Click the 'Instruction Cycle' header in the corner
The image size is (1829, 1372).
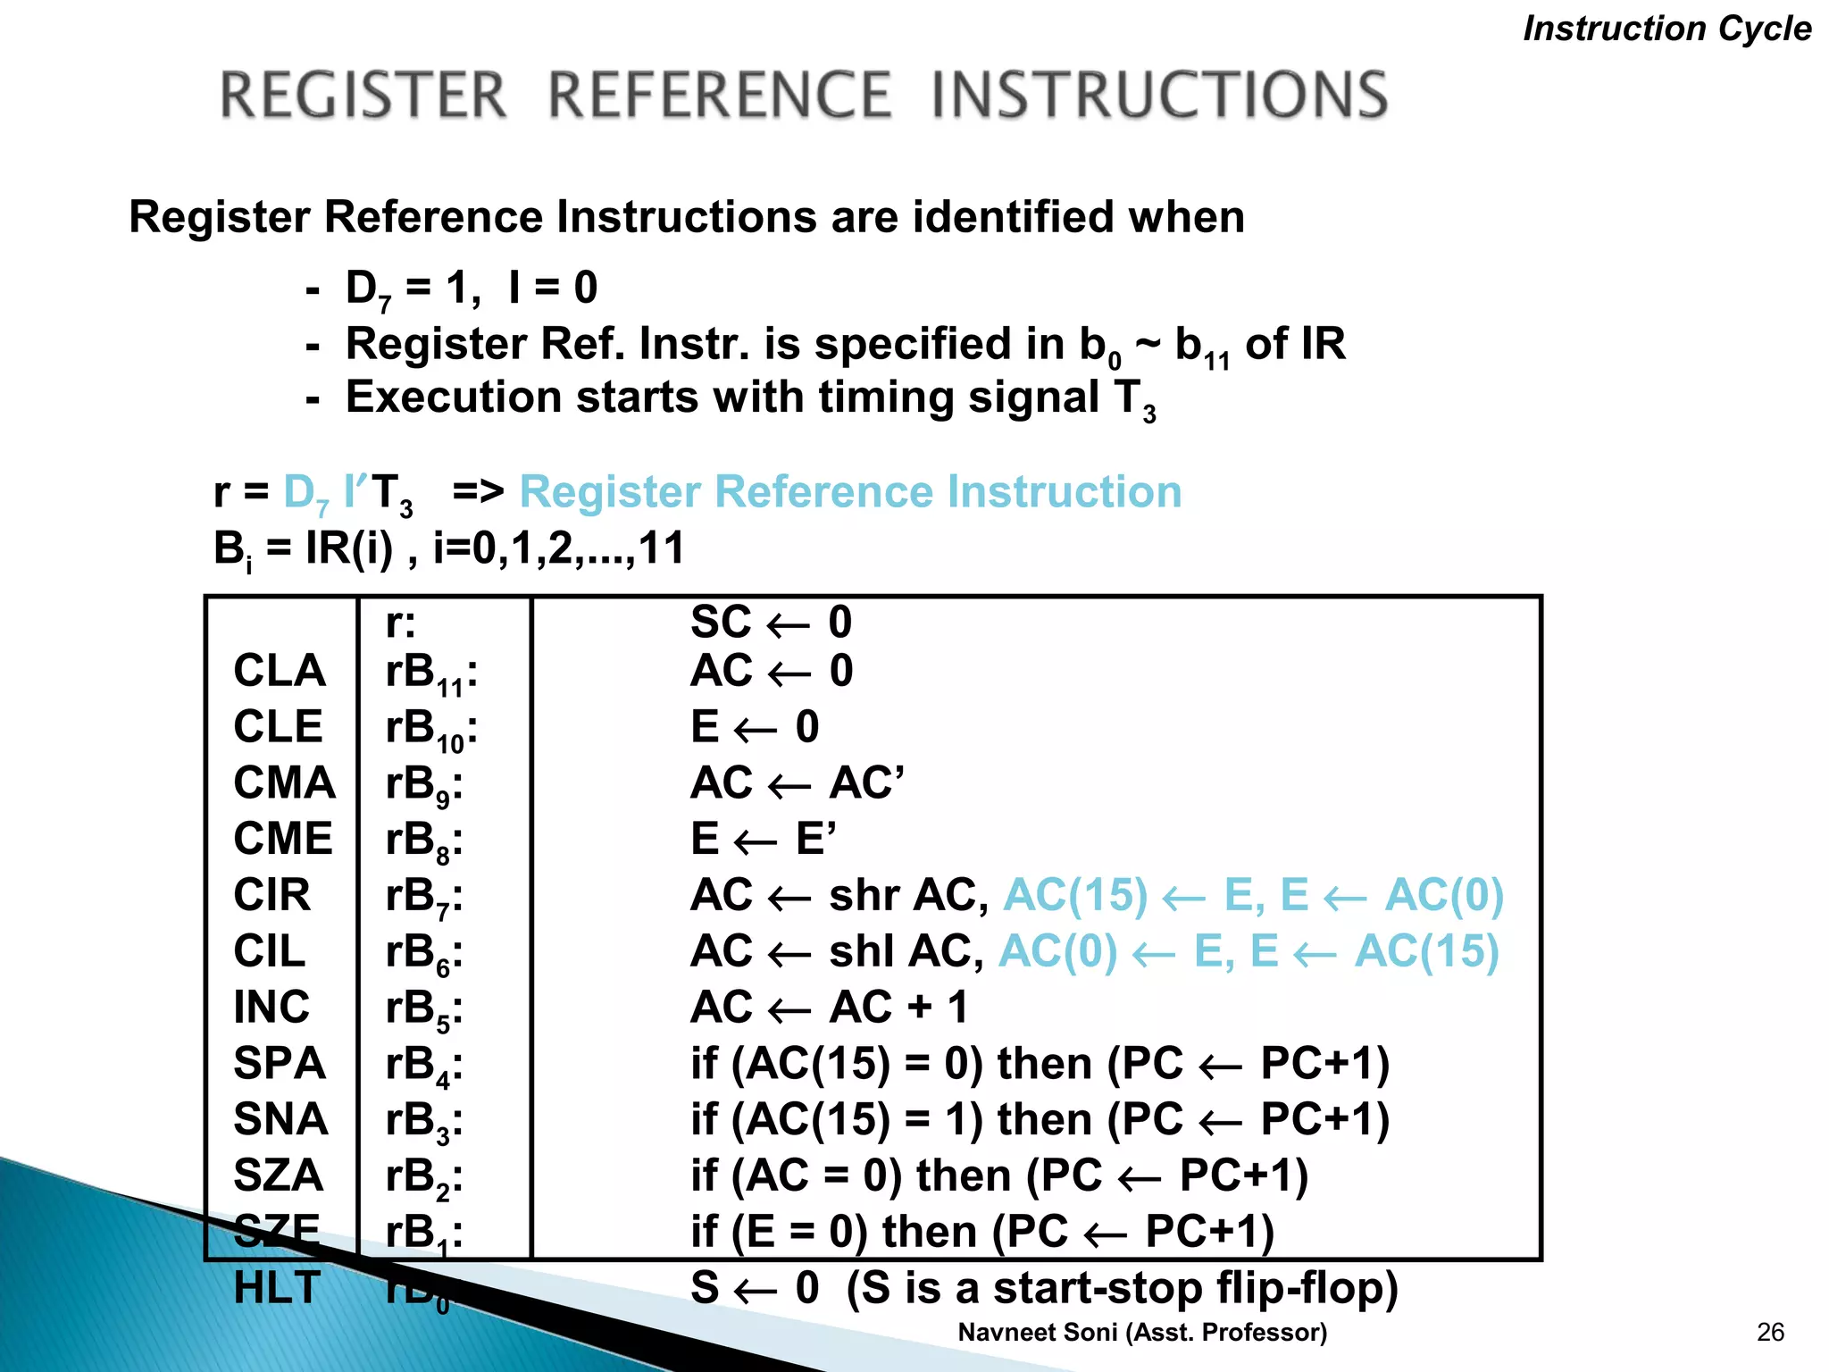click(x=1666, y=29)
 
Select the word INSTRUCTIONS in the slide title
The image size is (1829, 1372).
click(x=1159, y=96)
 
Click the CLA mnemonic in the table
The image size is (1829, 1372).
click(x=280, y=671)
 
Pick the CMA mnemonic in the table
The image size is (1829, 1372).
click(x=284, y=783)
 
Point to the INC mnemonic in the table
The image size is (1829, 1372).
click(x=271, y=1008)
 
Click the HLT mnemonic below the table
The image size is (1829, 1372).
click(x=277, y=1288)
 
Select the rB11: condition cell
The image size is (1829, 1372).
click(x=431, y=673)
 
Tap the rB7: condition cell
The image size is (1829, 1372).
click(x=424, y=897)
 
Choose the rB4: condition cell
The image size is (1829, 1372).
click(x=424, y=1066)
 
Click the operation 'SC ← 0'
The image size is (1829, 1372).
click(x=771, y=623)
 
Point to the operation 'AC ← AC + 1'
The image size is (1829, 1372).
click(x=829, y=1008)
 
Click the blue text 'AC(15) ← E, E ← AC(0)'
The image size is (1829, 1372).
click(x=1253, y=895)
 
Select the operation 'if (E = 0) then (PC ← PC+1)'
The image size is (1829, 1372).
click(x=981, y=1232)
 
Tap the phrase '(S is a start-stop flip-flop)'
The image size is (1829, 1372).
click(x=1122, y=1288)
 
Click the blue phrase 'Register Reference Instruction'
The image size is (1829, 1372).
click(x=850, y=492)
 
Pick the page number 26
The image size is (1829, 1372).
click(x=1770, y=1333)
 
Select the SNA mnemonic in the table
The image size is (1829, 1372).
click(x=280, y=1120)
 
